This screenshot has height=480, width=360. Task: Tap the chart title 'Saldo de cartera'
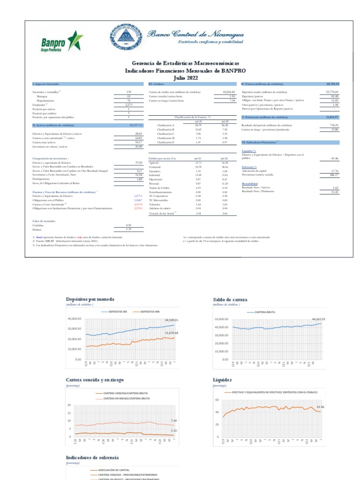coord(227,299)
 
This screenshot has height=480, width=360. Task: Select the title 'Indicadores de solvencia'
coord(92,457)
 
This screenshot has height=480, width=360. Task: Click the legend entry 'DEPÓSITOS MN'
coord(150,311)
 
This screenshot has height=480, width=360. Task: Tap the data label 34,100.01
coord(172,320)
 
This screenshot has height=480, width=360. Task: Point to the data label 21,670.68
coord(172,332)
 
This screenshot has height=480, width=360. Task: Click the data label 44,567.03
coord(317,319)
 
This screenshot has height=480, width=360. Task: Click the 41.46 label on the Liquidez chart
coord(321,406)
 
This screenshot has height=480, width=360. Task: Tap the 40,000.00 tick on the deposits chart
coord(75,319)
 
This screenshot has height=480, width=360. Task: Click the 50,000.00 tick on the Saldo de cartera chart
coord(221,319)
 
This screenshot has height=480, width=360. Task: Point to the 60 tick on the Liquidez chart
coord(217,400)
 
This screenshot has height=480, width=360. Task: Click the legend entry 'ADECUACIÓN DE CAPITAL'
coord(112,470)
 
